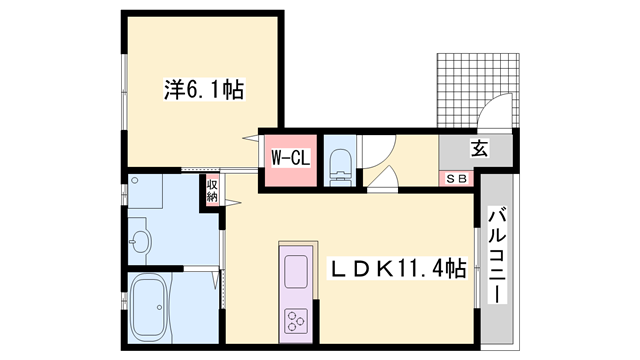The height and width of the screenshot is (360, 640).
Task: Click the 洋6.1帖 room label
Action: pos(204,89)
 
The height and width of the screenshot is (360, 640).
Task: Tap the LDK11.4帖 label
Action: pos(398,268)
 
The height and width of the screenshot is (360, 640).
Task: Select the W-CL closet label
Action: pos(291,158)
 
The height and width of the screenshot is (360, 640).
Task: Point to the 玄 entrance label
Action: pos(479,148)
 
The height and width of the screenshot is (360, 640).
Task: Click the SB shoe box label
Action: pos(456,178)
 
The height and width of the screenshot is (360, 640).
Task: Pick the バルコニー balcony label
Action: pos(497,256)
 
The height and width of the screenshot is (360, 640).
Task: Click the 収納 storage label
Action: pos(212,190)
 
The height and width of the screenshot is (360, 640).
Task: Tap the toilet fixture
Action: pos(340,168)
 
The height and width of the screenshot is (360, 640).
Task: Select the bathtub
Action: pos(148,308)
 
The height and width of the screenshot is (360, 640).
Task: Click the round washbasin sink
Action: pos(141,242)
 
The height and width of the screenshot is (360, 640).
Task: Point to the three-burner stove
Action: pos(295,320)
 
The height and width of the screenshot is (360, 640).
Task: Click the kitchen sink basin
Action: pos(296,271)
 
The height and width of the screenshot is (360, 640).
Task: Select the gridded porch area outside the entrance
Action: pos(478,90)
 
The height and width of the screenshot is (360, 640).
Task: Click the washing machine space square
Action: pos(146,191)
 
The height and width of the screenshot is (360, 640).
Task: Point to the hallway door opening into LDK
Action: pos(382,178)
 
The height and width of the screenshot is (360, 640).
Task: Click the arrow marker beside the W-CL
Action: pos(251,138)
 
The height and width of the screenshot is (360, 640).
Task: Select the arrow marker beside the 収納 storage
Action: pos(233,202)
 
